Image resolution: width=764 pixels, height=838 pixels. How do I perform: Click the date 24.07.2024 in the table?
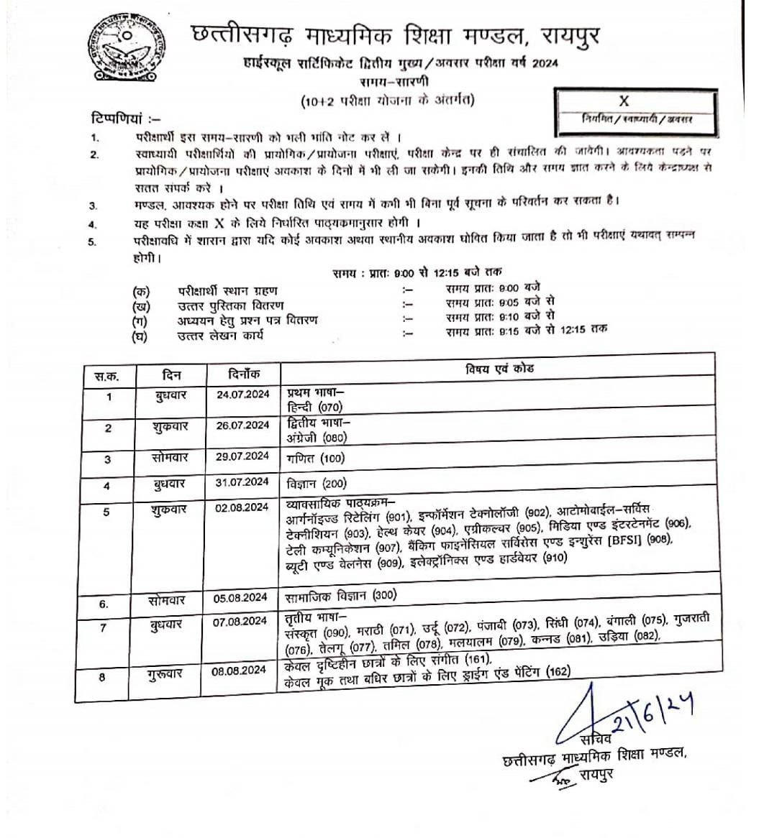[242, 394]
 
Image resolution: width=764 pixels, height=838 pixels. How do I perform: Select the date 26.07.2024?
[242, 425]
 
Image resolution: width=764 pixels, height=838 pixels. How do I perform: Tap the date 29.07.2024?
[242, 456]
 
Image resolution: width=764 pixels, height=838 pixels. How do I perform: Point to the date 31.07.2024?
[242, 482]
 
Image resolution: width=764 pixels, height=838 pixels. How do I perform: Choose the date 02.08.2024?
[242, 508]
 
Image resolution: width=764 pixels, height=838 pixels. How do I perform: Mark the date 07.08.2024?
[242, 623]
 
